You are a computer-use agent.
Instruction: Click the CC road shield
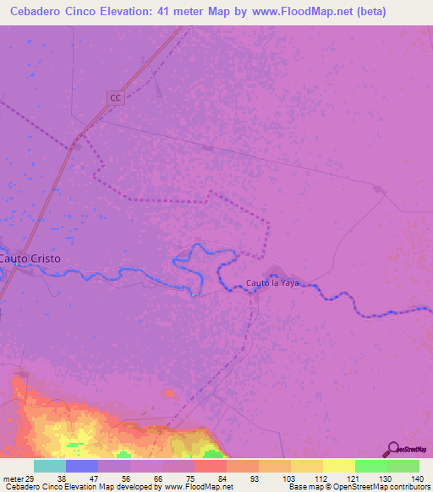116,98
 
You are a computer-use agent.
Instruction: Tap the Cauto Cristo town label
30,259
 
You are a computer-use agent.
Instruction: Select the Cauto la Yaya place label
272,283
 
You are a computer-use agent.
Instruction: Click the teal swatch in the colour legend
50,466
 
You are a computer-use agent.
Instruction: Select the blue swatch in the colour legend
82,466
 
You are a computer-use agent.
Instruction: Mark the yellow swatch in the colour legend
339,466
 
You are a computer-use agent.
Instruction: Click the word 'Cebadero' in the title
36,11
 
